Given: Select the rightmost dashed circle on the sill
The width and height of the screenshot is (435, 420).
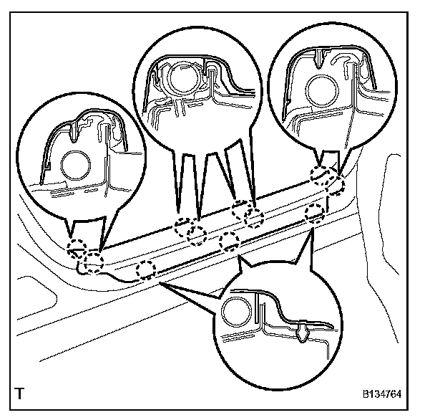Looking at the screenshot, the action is [335, 186].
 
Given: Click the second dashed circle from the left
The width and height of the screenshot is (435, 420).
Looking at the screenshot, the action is [94, 261].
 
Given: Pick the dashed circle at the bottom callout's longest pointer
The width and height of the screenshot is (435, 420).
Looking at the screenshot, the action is [146, 270].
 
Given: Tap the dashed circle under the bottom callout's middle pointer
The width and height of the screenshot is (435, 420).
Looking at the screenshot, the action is [229, 241].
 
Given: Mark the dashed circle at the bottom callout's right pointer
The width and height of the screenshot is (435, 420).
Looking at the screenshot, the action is [314, 212].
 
